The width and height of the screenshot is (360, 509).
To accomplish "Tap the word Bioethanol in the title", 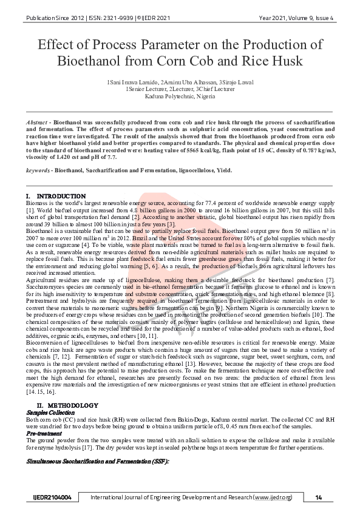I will (91, 61).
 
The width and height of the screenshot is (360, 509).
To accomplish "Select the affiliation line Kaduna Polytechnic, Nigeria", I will (180, 96).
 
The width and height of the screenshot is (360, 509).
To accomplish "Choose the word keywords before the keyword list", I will (38, 170).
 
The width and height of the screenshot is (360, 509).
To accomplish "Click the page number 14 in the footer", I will (318, 497).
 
